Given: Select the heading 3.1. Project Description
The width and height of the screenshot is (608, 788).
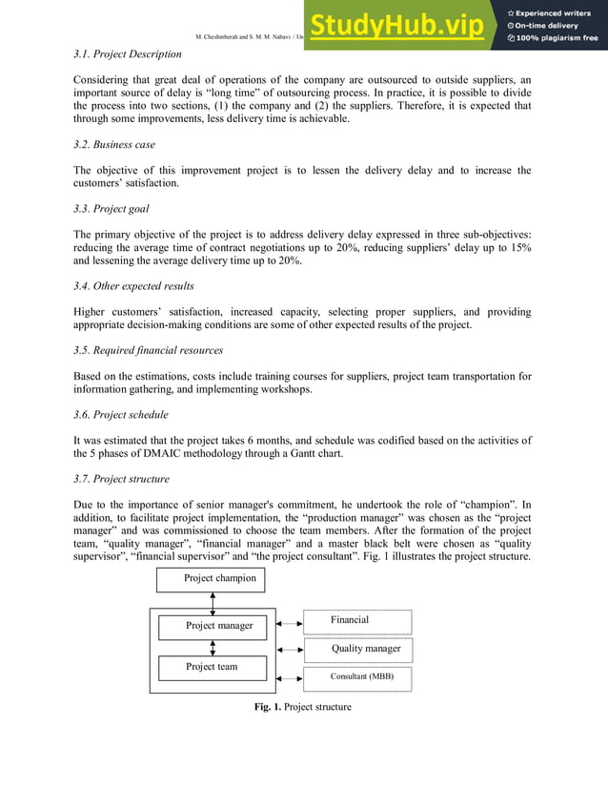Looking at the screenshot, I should (127, 54).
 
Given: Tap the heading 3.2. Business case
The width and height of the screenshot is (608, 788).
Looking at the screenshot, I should (114, 144).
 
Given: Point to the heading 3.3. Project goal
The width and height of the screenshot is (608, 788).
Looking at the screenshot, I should (111, 209).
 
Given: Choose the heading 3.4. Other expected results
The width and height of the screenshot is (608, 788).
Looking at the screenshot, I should (133, 285).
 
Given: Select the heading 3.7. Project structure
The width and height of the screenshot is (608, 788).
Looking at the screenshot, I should (121, 479).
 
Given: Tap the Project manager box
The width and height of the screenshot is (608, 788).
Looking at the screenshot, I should (219, 626).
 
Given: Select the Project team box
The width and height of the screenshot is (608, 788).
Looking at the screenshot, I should (212, 666).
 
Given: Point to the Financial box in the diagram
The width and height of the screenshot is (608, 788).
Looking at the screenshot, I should (357, 621).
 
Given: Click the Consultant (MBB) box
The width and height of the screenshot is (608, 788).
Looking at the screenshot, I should (357, 678).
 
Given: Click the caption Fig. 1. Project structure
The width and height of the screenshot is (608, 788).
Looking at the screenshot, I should (302, 707).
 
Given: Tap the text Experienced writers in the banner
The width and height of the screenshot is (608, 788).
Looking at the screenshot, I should (554, 12).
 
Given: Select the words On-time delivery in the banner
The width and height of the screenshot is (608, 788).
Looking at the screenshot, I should (547, 26).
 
